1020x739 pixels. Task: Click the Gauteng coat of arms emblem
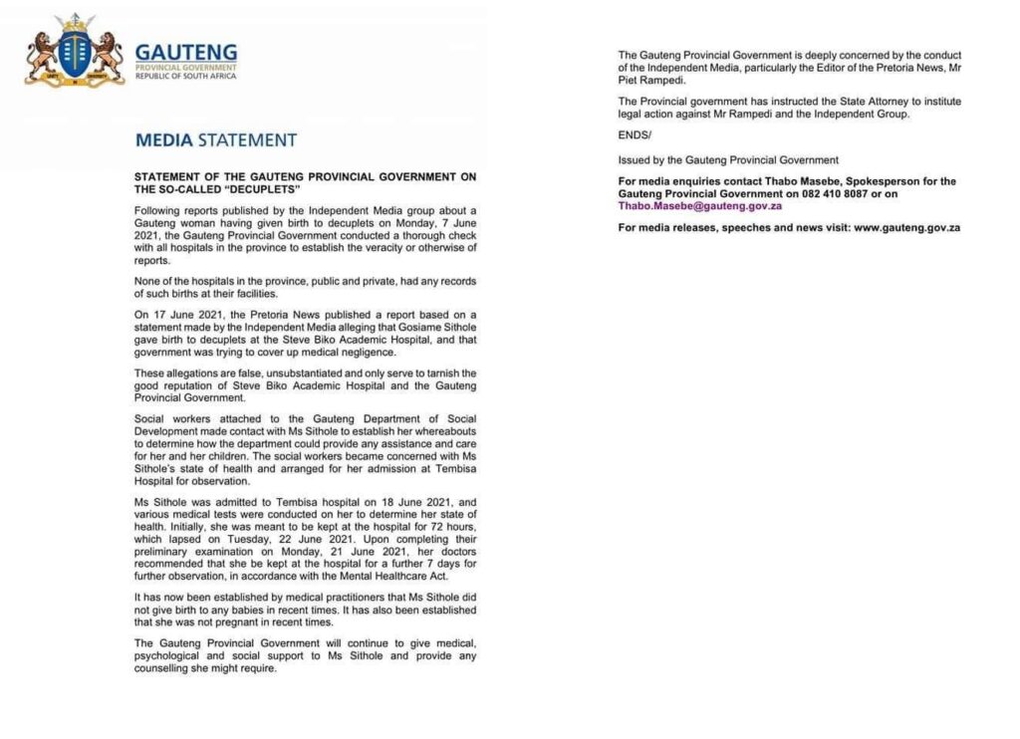pos(75,53)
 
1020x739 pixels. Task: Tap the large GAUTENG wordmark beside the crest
pos(185,52)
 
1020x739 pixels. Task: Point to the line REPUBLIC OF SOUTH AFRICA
pos(185,76)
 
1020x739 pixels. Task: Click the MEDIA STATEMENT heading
pos(215,140)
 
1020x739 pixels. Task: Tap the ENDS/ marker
pos(633,137)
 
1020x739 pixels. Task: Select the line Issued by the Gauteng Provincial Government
pos(728,159)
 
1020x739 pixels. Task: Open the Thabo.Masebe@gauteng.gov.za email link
pos(699,205)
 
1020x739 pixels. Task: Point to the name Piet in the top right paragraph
pos(629,78)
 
